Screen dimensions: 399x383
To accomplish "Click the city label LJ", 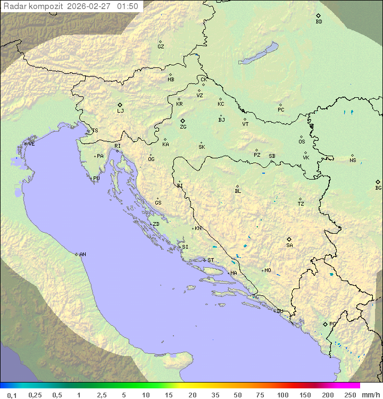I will click(x=120, y=111).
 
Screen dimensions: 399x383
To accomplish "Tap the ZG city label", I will click(x=183, y=127).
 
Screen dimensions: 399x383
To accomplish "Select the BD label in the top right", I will click(x=319, y=22).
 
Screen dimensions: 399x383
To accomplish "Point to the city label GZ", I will click(x=161, y=47).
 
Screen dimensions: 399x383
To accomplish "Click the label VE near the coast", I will click(x=31, y=144).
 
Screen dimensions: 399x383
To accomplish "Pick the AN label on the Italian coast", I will click(x=82, y=254).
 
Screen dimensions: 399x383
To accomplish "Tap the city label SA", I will click(x=289, y=245).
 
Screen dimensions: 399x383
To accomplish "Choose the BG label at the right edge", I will click(x=378, y=188).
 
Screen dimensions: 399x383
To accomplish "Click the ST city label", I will click(x=211, y=260).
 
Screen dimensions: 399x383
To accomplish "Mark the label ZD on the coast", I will click(x=156, y=224).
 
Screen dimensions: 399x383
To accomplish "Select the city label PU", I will click(x=96, y=179).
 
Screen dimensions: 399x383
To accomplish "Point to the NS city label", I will click(x=353, y=160).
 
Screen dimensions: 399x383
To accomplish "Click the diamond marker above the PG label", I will click(x=326, y=324).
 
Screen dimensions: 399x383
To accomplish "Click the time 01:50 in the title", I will click(x=128, y=6).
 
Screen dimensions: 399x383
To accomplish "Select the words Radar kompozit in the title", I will click(x=34, y=6).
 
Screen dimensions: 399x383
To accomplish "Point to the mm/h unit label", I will click(x=370, y=395).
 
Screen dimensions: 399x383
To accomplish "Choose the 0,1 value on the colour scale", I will click(x=12, y=395).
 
